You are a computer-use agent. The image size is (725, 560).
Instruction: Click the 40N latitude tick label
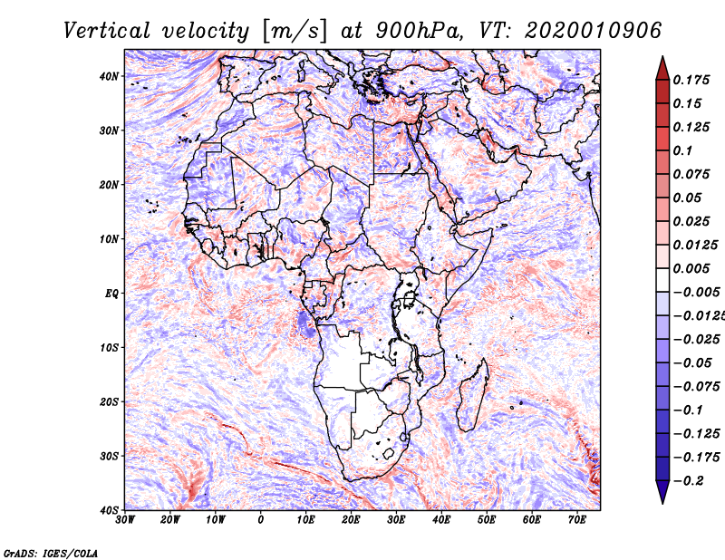(x=109, y=76)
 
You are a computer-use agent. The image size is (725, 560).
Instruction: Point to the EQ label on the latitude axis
(x=111, y=294)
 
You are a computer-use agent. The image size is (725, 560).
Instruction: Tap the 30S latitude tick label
(x=110, y=456)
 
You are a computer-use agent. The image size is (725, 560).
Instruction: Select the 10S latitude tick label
(x=110, y=348)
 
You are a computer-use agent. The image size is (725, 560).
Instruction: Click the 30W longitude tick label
(x=125, y=520)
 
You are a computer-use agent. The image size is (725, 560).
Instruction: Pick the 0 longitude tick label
(x=261, y=520)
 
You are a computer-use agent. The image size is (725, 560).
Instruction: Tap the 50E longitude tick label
(x=487, y=520)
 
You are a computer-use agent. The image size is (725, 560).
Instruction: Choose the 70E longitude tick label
(x=577, y=520)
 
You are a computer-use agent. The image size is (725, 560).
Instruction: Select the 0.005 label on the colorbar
(x=691, y=268)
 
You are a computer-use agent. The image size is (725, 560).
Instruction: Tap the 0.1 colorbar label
(x=683, y=150)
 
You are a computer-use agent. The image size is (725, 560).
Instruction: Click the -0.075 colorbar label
(x=697, y=387)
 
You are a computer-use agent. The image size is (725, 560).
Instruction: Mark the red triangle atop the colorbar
(x=662, y=68)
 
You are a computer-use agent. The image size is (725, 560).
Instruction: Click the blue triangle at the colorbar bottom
(x=662, y=492)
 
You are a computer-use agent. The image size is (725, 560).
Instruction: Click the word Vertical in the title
(x=107, y=31)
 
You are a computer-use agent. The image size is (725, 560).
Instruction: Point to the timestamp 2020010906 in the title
(x=594, y=31)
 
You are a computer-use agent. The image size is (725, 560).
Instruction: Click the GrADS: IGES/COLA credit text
(x=51, y=553)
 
